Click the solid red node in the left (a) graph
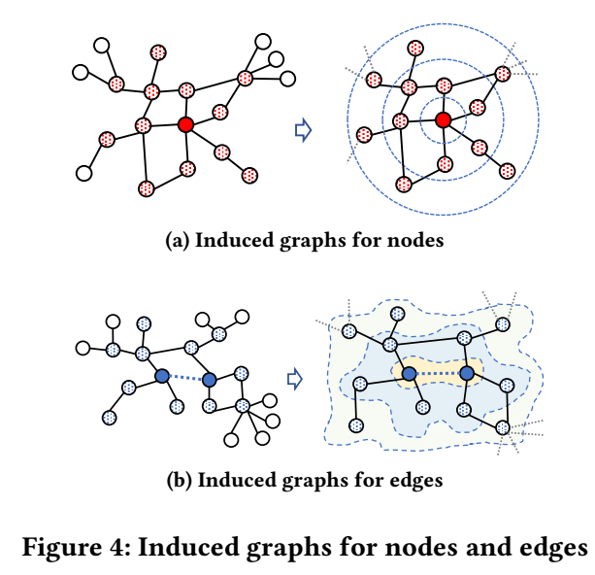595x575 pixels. pos(186,123)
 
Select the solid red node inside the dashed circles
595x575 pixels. pos(444,119)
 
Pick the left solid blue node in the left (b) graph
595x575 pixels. pos(160,375)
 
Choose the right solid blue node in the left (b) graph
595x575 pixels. pos(210,380)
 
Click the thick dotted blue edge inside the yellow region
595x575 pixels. pos(439,374)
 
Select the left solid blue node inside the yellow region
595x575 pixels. pos(409,374)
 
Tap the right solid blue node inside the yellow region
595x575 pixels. pos(469,374)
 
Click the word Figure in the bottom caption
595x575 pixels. pos(59,547)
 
